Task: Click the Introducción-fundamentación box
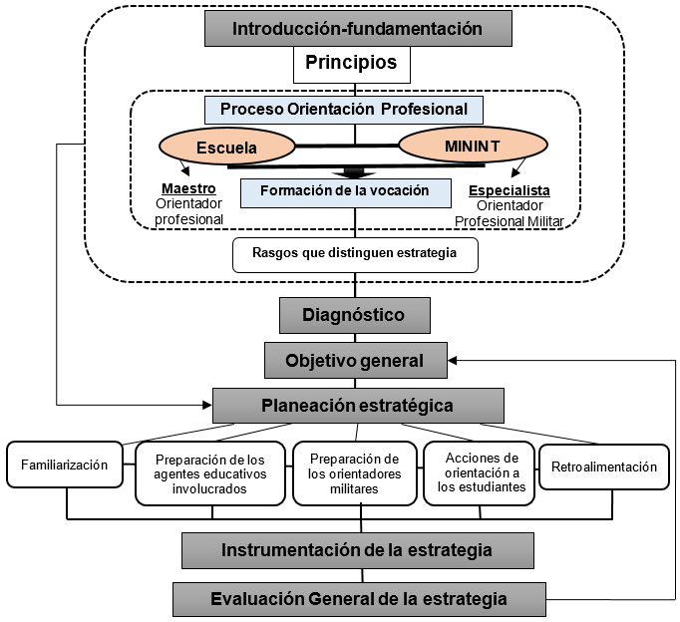click(x=357, y=28)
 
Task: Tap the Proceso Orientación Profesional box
click(x=343, y=109)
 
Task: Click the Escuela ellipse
click(x=226, y=148)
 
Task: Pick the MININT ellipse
click(x=466, y=148)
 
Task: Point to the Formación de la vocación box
click(x=344, y=191)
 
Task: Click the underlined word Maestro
click(x=188, y=188)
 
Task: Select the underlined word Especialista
click(x=509, y=189)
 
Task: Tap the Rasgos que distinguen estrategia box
click(x=355, y=253)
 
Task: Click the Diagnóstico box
click(x=354, y=315)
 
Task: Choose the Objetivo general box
click(x=355, y=360)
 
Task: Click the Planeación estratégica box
click(x=357, y=405)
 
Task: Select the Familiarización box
click(x=65, y=466)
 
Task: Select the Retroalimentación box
click(x=603, y=466)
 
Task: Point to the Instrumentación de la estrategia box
click(x=357, y=550)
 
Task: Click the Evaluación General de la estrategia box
click(x=359, y=599)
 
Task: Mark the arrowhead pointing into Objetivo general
click(x=455, y=360)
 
